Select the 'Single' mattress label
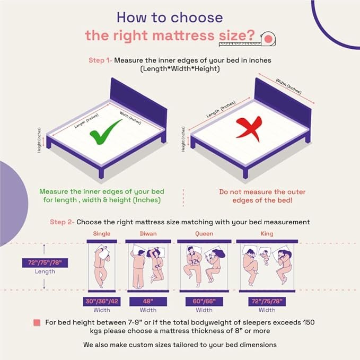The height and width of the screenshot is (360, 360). (x=102, y=234)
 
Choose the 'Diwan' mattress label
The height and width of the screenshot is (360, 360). (x=148, y=234)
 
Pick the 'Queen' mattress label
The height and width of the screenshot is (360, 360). (x=204, y=234)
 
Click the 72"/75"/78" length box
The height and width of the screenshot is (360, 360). (x=46, y=262)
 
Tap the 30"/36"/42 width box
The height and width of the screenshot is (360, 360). (x=102, y=301)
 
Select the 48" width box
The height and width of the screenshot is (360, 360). (x=148, y=301)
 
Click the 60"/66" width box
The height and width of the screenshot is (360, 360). (x=204, y=301)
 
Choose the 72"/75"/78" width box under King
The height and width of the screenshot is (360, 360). (x=267, y=301)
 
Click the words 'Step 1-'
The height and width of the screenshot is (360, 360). (x=100, y=60)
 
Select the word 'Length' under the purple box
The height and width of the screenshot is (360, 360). (x=46, y=271)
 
